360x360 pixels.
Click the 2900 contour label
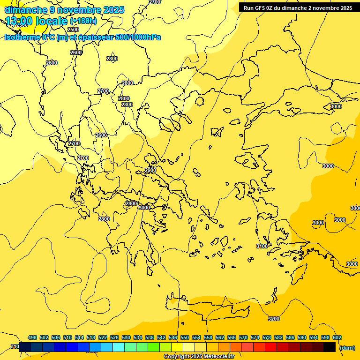coord(150,170)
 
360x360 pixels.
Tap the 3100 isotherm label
coord(262,246)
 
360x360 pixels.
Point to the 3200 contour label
coord(274,319)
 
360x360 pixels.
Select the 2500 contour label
coord(73,30)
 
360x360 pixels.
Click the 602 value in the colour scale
coord(337,337)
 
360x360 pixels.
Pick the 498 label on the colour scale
coord(32,337)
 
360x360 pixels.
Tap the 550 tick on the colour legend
coord(185,337)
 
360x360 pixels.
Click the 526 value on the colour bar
coord(114,337)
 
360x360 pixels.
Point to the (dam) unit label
coord(347,348)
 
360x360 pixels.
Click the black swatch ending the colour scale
coord(330,347)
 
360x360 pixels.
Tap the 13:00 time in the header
coord(19,21)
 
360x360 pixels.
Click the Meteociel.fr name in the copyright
coord(215,357)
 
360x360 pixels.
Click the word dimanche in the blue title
coord(26,10)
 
